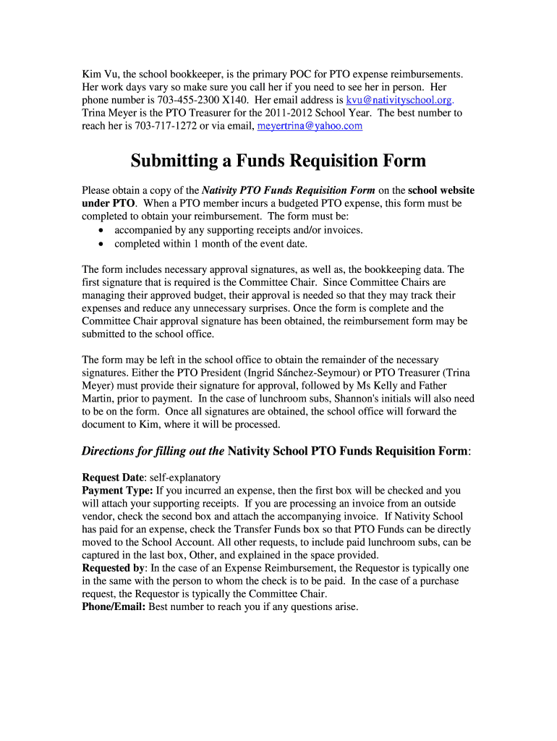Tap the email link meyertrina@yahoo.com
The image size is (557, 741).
[310, 126]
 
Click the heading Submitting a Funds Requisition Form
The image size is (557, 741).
[278, 160]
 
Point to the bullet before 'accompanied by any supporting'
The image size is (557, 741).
[101, 230]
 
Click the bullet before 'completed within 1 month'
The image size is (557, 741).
[101, 243]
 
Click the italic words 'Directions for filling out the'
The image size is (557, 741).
[153, 451]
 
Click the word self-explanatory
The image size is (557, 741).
[186, 478]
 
